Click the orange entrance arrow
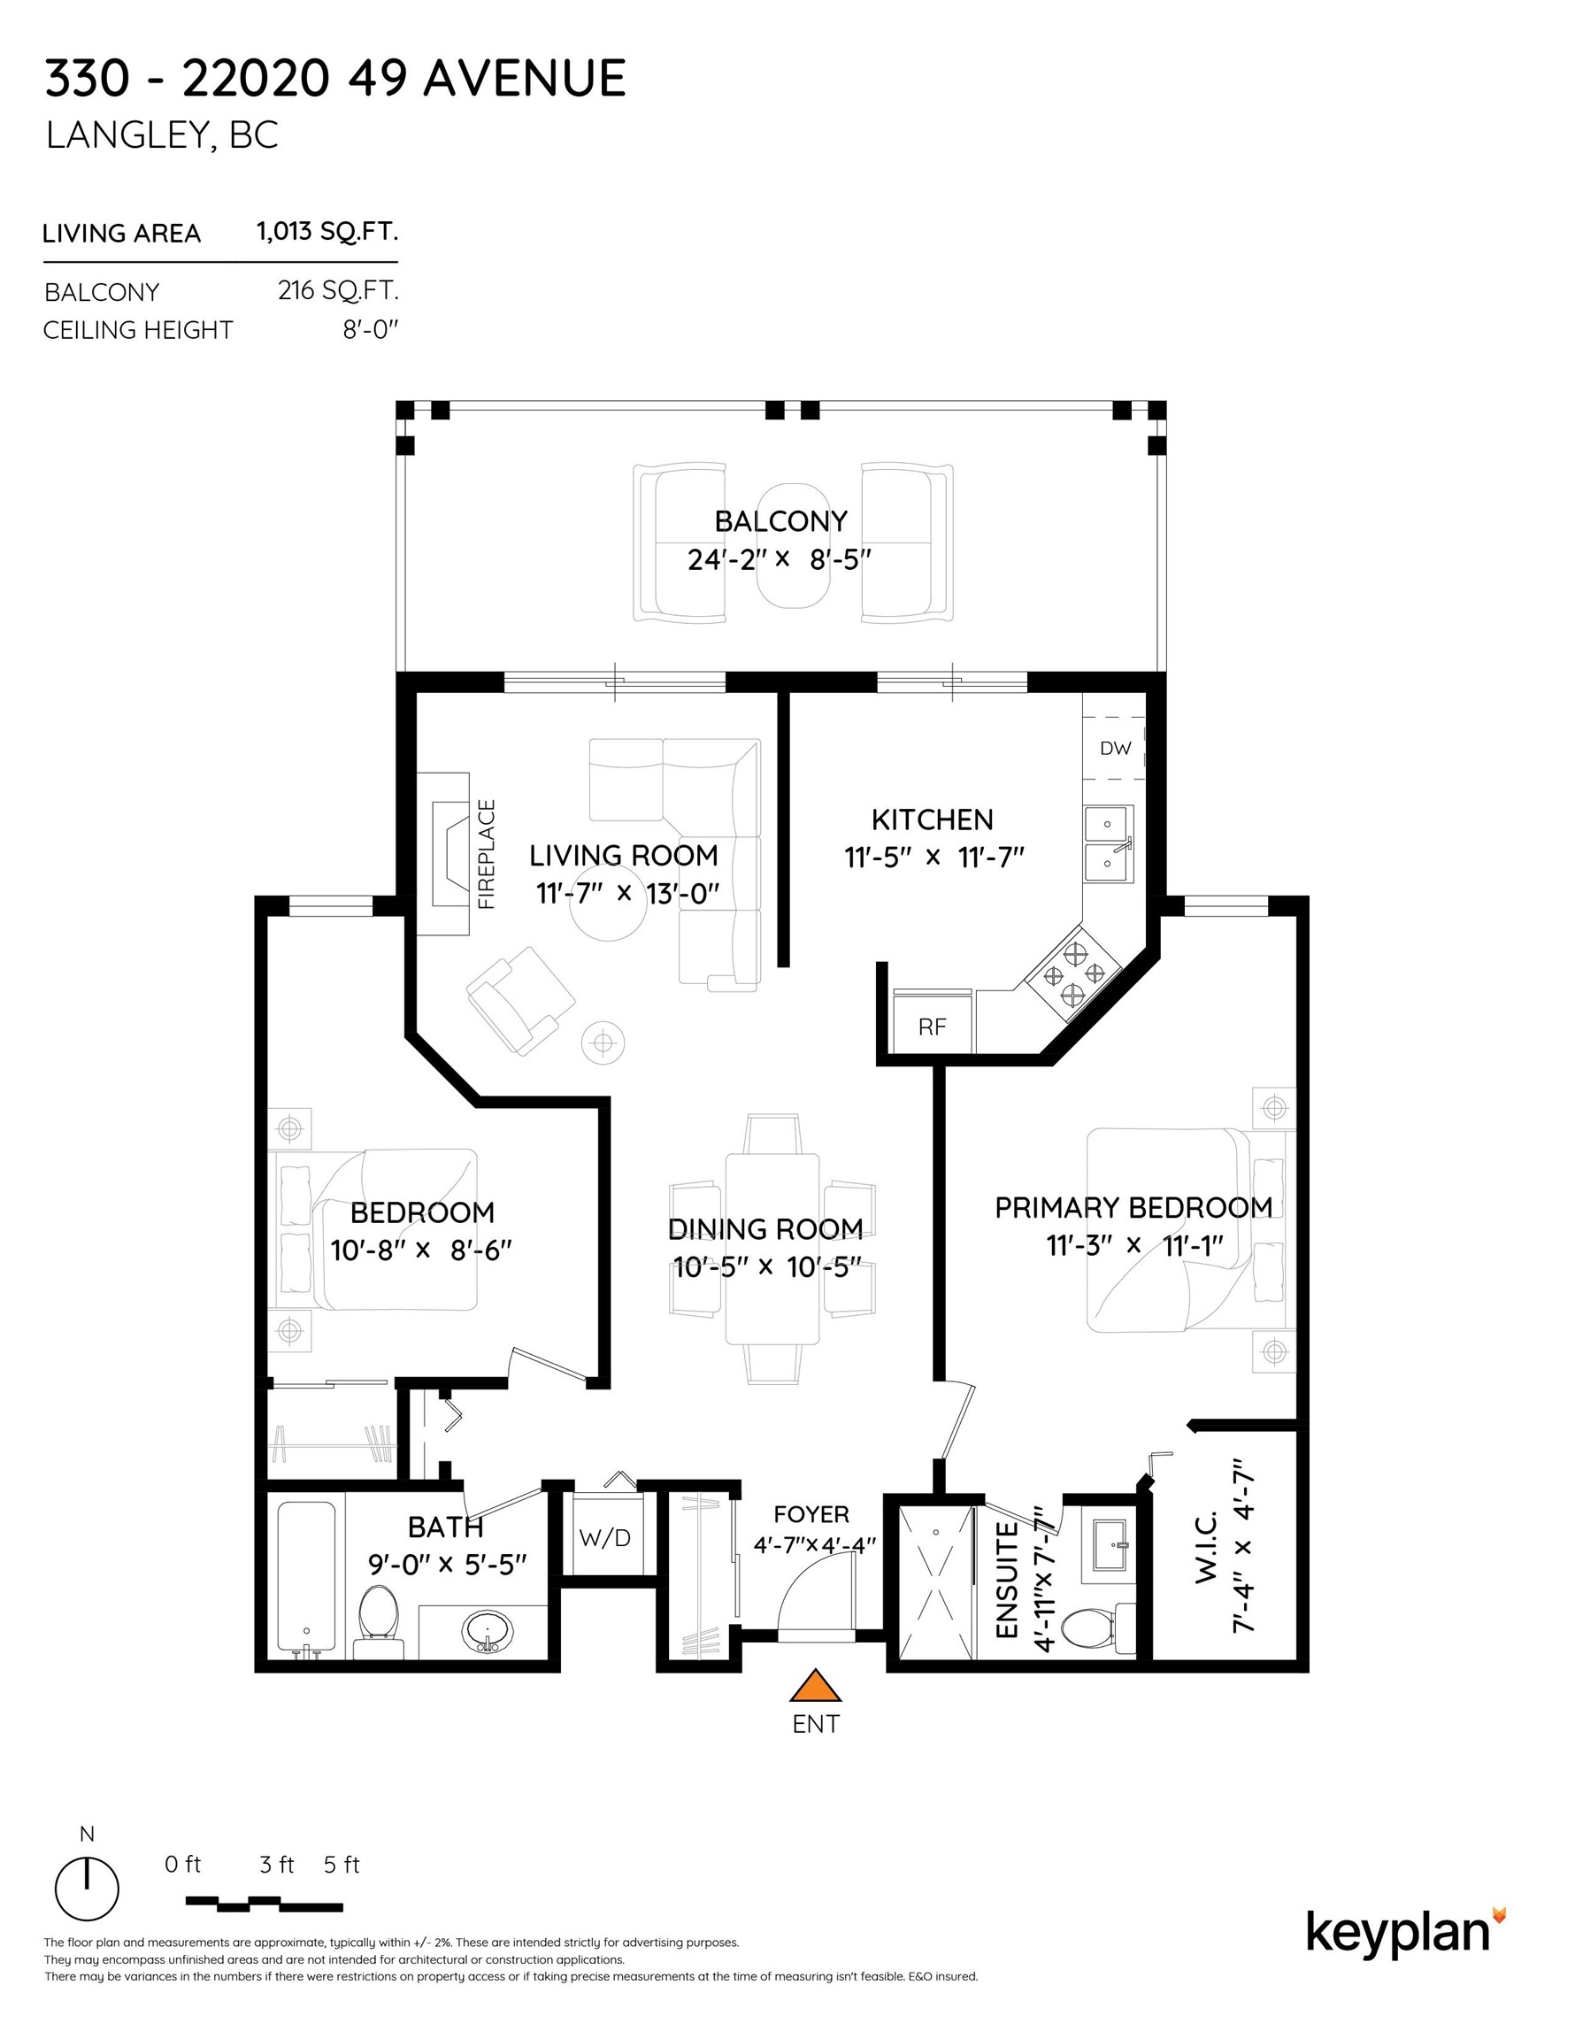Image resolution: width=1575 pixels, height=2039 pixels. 815,1684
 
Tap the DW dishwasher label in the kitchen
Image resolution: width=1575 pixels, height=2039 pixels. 1115,748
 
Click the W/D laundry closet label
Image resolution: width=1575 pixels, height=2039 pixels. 605,1537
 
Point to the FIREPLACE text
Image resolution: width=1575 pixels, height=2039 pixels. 487,854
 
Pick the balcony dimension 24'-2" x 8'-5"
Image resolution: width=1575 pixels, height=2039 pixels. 780,559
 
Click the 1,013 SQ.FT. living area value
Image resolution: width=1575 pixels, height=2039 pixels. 327,232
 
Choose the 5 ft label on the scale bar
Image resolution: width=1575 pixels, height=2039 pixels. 341,1865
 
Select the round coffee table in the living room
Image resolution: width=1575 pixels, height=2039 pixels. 609,905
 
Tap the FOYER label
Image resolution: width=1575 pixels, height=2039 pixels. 811,1514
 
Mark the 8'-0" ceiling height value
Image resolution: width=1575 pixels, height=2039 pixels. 371,329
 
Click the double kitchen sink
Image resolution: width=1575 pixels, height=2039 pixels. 1108,844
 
